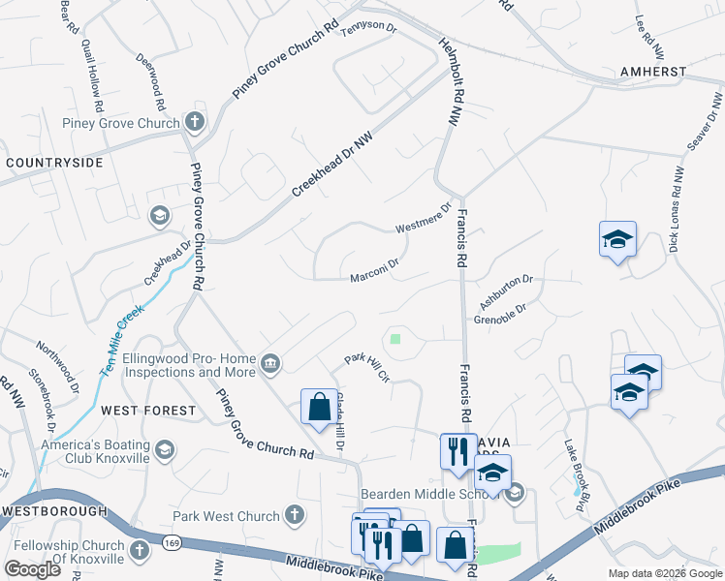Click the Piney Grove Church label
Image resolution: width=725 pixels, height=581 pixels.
point(121,123)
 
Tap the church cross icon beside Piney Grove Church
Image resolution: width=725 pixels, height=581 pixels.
point(195,122)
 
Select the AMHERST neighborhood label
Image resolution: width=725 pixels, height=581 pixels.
point(654,72)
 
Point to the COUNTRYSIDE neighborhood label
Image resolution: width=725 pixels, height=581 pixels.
point(54,163)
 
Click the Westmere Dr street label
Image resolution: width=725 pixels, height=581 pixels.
point(424,219)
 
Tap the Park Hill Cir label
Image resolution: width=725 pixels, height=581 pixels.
point(367,367)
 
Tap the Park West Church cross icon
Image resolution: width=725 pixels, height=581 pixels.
point(295,516)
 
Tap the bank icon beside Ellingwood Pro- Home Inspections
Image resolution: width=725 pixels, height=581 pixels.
point(269,364)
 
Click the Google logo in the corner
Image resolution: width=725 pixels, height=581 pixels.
point(32,569)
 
